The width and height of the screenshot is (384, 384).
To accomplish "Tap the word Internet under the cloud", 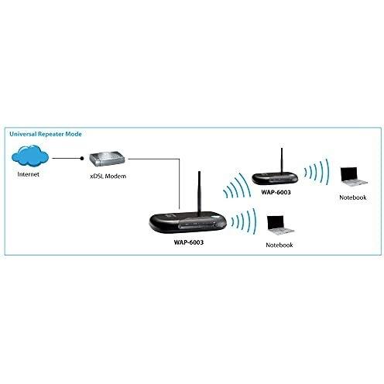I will [28, 174].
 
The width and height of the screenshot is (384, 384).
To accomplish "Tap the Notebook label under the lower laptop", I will [279, 245].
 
